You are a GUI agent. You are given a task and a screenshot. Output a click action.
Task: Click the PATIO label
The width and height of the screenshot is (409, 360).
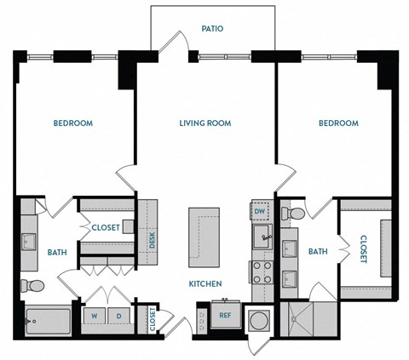pos(212,28)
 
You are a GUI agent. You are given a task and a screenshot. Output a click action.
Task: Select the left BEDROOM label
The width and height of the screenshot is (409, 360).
pos(73,123)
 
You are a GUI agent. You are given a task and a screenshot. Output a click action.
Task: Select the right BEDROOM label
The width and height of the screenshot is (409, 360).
pos(338,123)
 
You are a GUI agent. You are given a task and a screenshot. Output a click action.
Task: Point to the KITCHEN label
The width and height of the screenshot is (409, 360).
pos(205,283)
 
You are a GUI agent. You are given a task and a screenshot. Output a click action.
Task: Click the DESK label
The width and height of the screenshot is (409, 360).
pos(152,241)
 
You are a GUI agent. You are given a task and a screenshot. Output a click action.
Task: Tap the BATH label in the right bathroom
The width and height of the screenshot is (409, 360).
pos(318,252)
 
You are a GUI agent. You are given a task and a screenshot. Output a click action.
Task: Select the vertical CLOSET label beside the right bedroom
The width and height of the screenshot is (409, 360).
pos(363,249)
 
